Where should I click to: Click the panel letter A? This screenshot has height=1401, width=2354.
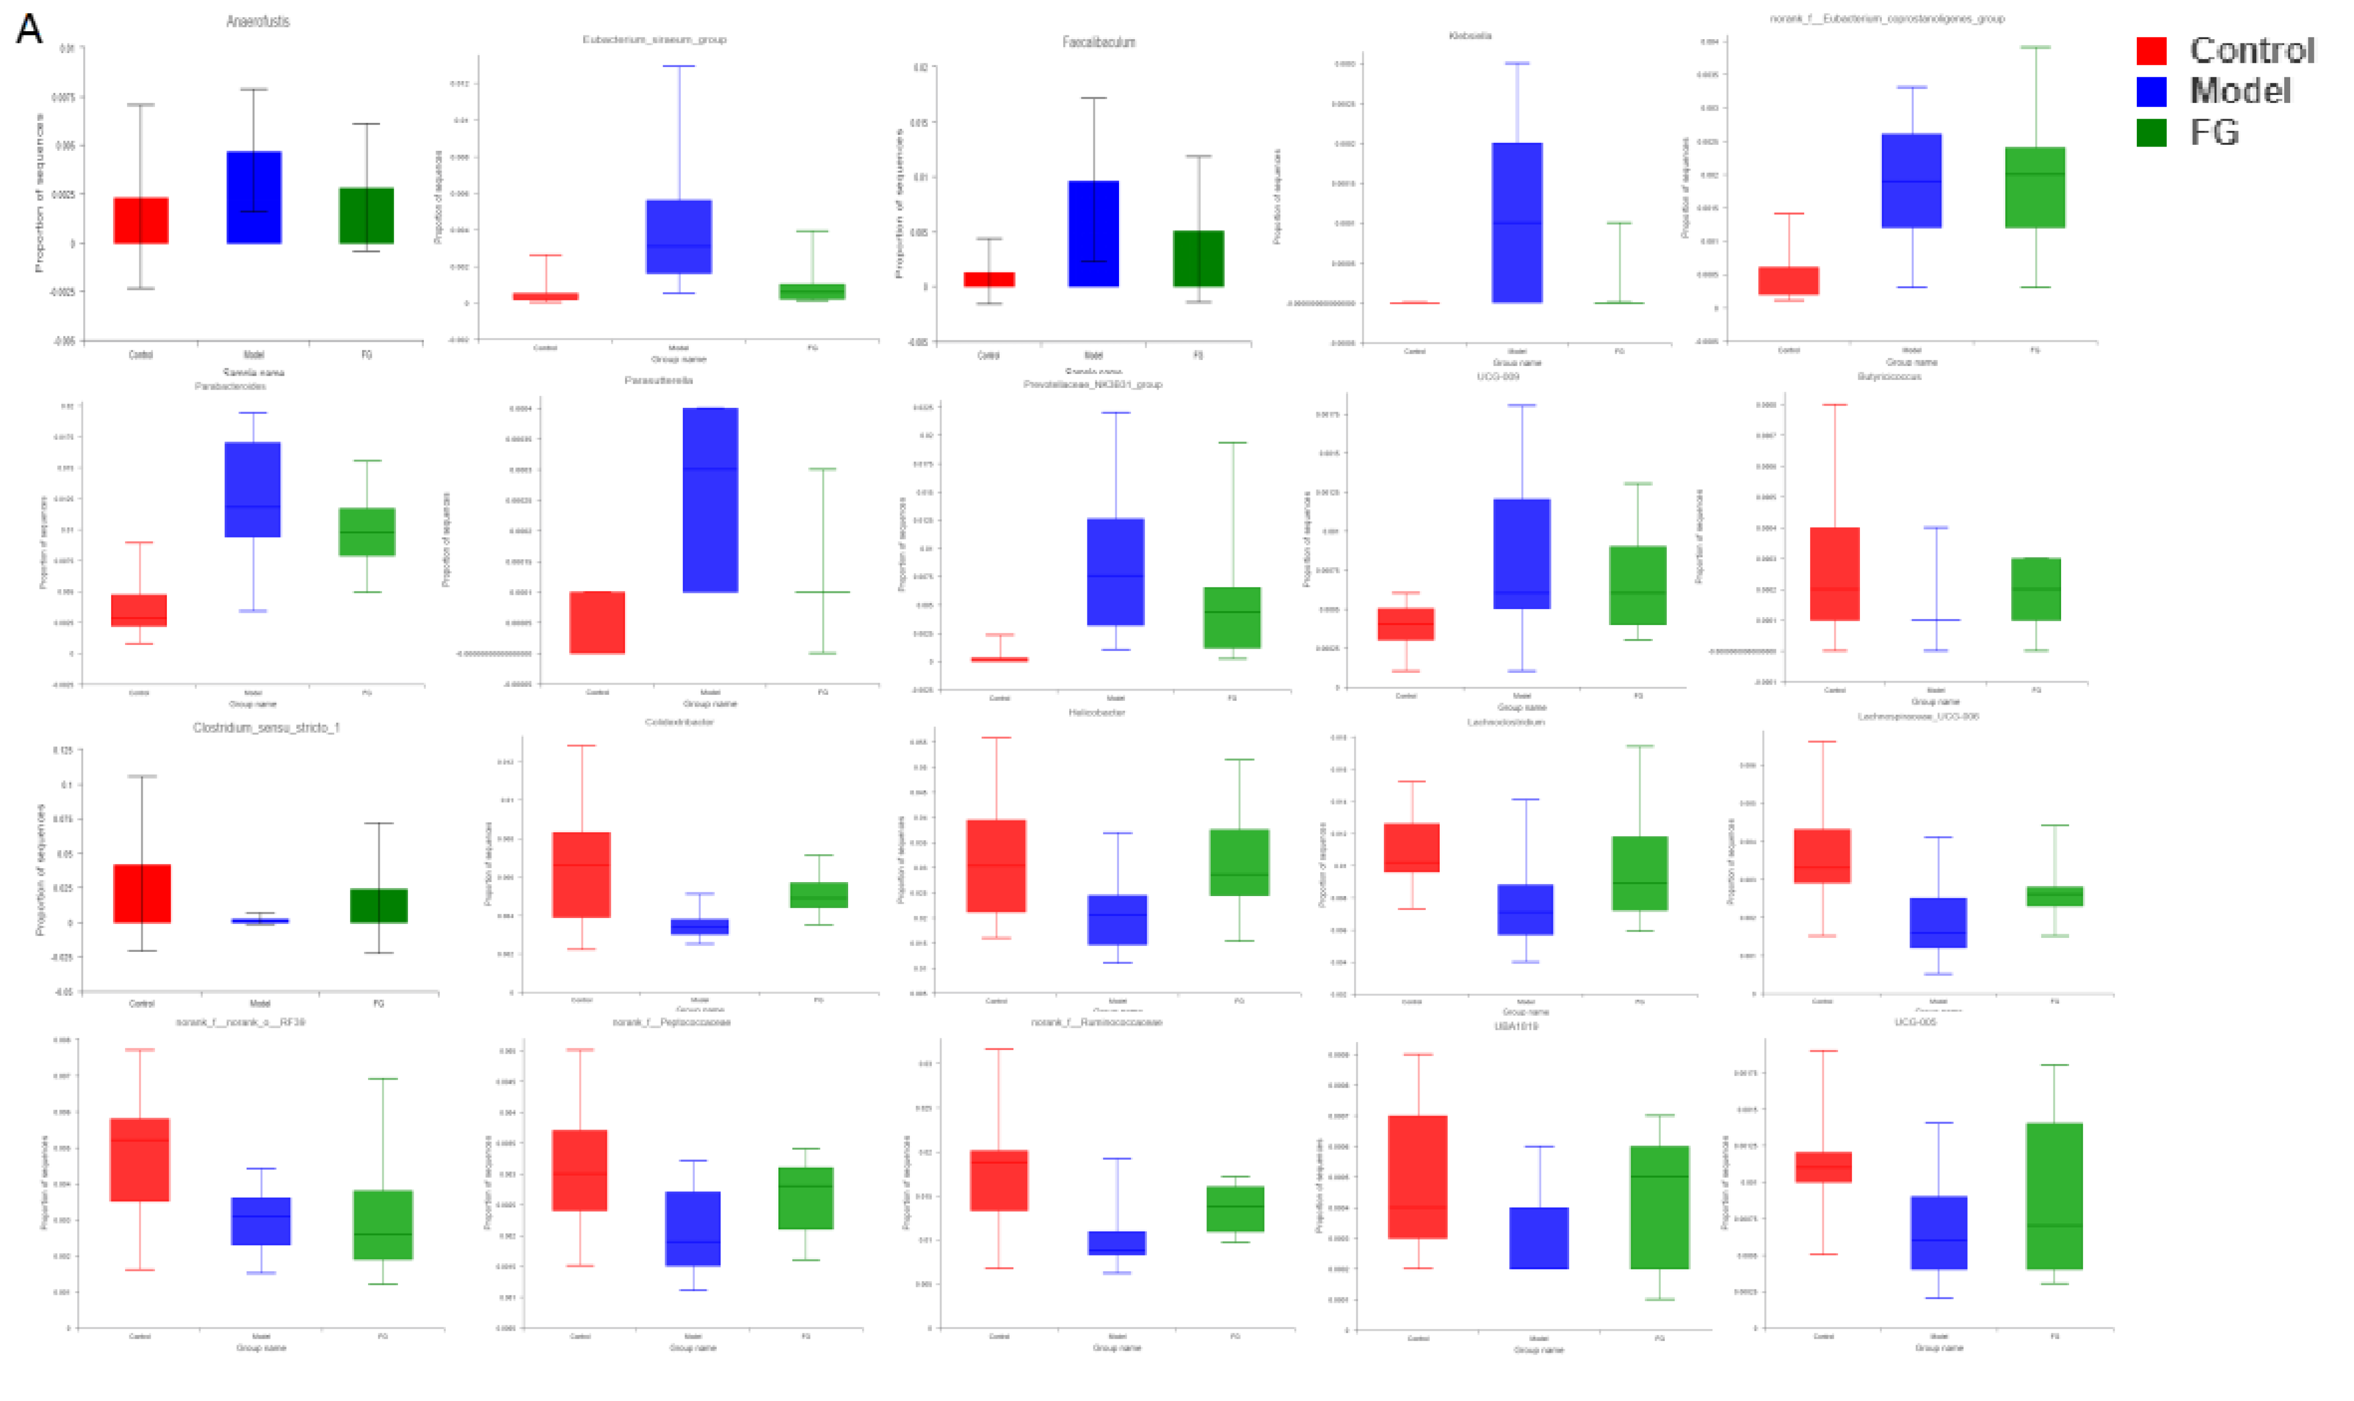pos(30,30)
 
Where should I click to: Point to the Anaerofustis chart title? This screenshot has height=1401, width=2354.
pos(258,21)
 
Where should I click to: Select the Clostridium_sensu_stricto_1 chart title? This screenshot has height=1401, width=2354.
pos(266,728)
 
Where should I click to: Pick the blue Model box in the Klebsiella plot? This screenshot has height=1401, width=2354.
pos(1517,223)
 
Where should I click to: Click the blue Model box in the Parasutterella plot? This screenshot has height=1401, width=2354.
pos(710,500)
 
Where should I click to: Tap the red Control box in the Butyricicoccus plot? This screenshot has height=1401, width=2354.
pos(1835,574)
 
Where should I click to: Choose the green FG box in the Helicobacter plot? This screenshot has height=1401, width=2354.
pos(1239,862)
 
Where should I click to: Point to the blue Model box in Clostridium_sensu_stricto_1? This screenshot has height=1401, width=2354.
pos(260,920)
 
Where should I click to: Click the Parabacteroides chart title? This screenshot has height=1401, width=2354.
pos(230,386)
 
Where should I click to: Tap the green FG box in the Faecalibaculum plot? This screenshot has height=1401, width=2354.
pos(1198,259)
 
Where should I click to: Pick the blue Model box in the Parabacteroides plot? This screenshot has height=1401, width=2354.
pos(253,490)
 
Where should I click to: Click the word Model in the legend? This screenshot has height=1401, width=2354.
pos(2240,92)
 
